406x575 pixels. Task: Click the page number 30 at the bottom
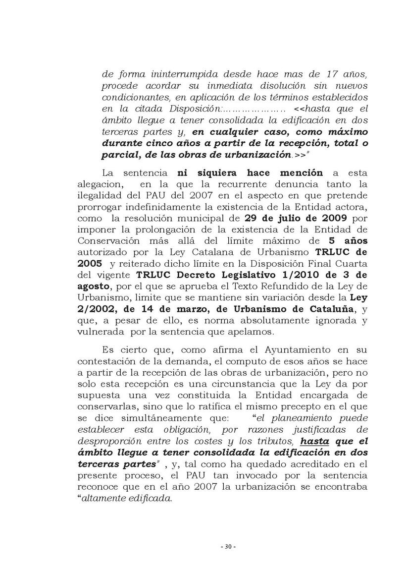[x=228, y=547]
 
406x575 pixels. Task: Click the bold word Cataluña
[x=330, y=309]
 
